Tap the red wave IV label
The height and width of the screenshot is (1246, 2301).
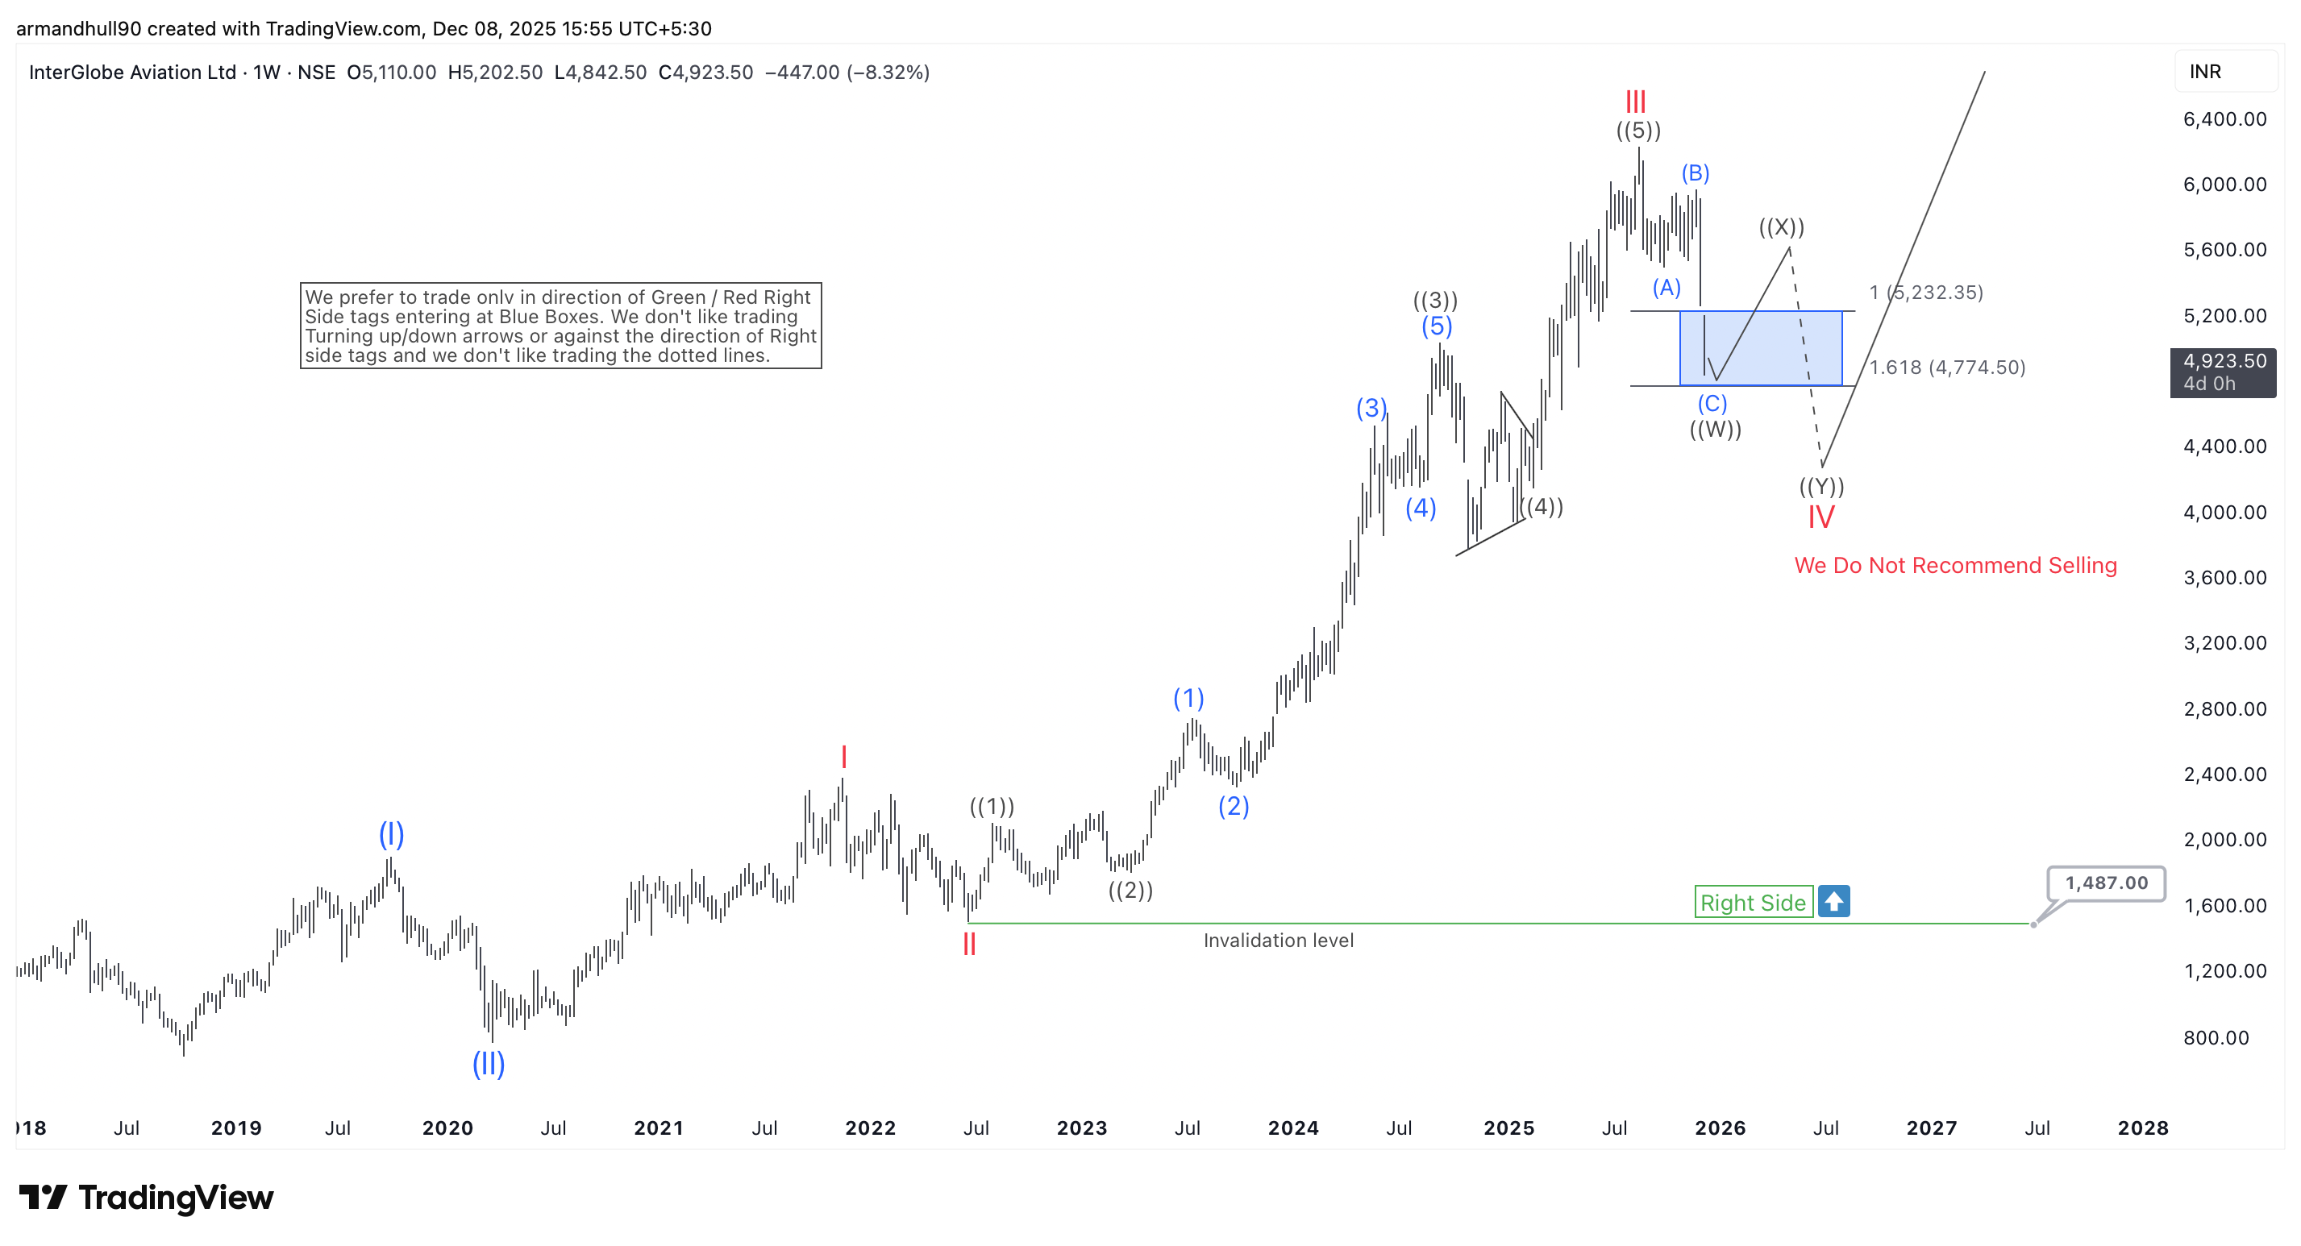tap(1820, 517)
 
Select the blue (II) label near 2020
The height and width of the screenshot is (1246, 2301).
tap(489, 1063)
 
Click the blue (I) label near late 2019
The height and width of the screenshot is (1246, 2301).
tap(391, 833)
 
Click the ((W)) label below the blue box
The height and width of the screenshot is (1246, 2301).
tap(1715, 430)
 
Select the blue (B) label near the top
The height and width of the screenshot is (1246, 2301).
tap(1695, 172)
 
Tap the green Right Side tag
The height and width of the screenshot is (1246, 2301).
tap(1753, 902)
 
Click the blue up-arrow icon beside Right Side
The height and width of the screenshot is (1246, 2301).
tap(1834, 901)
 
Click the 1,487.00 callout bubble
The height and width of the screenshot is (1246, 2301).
tap(2105, 883)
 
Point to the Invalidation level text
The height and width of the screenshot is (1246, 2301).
tap(1277, 940)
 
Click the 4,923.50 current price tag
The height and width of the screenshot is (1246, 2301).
tap(2224, 372)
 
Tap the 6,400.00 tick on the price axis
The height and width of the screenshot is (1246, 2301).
tap(2224, 118)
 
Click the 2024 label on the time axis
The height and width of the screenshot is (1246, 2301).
tap(1292, 1128)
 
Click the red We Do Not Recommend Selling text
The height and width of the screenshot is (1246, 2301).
tap(1954, 566)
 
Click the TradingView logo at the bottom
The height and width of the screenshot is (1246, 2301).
tap(147, 1197)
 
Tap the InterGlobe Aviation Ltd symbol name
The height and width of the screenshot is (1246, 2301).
tap(132, 73)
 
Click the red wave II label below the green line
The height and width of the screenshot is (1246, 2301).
tap(968, 944)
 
